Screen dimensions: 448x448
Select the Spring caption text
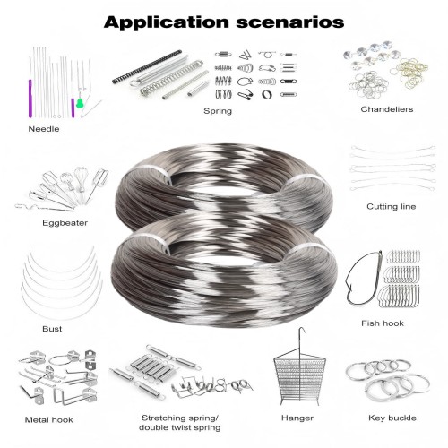point(218,111)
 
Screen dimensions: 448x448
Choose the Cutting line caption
point(391,206)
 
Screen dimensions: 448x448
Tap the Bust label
point(52,328)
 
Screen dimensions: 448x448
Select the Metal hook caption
point(51,418)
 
